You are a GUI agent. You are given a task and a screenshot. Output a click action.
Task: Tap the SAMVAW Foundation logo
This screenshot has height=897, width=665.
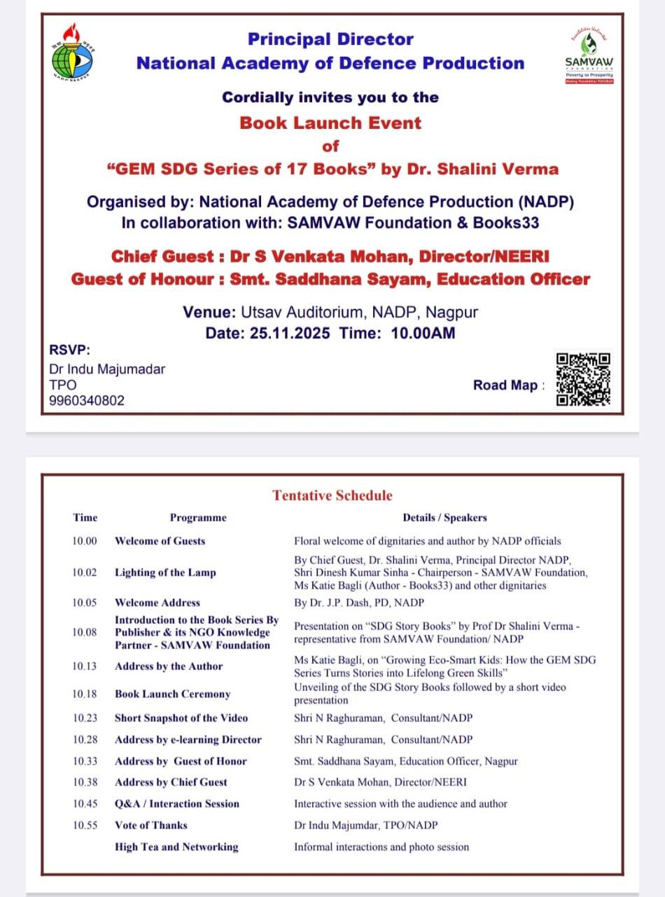589,55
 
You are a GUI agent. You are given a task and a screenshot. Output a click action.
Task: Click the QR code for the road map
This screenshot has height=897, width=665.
584,378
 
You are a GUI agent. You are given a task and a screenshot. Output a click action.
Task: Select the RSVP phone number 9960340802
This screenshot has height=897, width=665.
87,401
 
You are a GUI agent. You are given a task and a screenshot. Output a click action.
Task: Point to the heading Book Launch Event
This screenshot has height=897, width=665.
330,123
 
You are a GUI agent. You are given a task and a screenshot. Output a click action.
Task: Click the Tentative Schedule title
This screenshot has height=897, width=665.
332,495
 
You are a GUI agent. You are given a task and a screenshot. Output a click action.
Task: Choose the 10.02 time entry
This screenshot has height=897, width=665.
85,573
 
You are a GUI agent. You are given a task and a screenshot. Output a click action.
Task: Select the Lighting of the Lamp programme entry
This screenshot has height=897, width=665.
165,573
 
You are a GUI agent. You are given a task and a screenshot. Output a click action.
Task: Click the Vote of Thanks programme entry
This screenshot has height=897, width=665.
151,825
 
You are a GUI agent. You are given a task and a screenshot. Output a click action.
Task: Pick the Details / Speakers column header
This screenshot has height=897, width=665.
444,518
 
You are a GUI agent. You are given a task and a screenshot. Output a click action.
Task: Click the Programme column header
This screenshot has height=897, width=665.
198,518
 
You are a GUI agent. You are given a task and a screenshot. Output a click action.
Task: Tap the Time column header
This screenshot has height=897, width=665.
85,518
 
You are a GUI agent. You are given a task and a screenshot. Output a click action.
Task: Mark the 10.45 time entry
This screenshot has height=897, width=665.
85,804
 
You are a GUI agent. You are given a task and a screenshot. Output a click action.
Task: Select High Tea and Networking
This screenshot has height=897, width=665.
176,847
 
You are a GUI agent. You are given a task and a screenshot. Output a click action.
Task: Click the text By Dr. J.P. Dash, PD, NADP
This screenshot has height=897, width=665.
359,603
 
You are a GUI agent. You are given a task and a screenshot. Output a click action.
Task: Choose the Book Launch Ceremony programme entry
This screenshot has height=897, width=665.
172,694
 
